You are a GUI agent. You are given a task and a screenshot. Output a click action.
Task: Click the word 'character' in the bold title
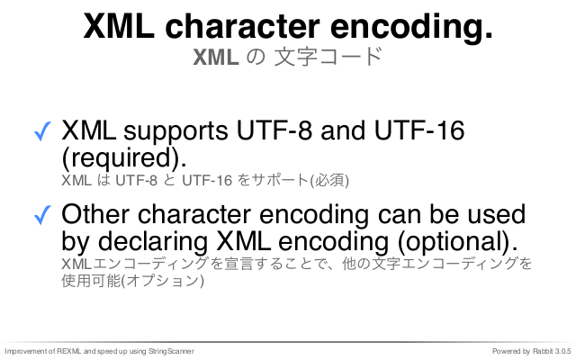242,26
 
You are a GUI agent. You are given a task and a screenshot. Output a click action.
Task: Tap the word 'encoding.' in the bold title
411,26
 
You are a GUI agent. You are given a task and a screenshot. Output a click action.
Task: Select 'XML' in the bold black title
119,26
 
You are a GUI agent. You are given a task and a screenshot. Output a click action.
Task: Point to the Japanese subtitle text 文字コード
328,58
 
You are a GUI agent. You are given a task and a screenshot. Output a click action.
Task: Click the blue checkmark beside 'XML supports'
42,131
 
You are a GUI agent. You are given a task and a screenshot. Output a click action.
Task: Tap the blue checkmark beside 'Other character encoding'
42,214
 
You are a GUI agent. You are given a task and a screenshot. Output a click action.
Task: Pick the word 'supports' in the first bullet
175,132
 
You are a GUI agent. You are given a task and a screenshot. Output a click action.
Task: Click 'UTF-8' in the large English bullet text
274,130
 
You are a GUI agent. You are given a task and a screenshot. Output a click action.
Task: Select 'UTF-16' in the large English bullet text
419,130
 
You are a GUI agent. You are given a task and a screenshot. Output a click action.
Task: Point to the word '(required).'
124,158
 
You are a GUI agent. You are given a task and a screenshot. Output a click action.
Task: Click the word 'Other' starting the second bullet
95,214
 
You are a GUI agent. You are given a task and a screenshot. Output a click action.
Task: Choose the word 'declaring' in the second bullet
152,242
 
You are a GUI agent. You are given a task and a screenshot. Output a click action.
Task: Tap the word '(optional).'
458,242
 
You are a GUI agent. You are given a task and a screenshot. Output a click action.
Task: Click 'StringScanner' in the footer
171,352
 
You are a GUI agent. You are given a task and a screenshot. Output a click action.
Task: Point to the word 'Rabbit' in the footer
543,351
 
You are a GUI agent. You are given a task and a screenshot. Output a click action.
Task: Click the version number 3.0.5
563,351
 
